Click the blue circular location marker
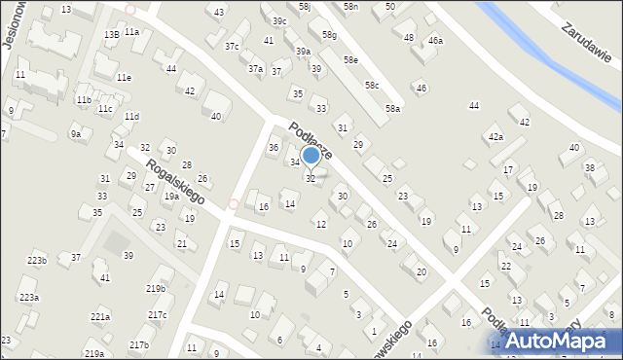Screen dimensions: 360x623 (x=311, y=155)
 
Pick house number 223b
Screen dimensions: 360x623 (x=37, y=261)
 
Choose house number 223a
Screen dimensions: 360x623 (x=29, y=297)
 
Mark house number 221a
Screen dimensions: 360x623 (x=100, y=316)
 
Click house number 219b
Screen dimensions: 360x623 (x=156, y=289)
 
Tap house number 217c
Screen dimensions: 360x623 (x=157, y=314)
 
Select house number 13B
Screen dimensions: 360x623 (x=112, y=34)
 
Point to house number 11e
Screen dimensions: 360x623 (x=124, y=77)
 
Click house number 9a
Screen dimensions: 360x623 (x=75, y=133)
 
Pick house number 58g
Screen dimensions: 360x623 (x=330, y=35)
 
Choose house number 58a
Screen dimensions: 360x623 (x=392, y=109)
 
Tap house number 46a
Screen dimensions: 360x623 (x=435, y=41)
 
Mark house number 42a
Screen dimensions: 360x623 (x=496, y=137)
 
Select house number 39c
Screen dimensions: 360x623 (x=279, y=20)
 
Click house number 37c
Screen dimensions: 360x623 (x=232, y=46)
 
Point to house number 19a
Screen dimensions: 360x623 (x=171, y=196)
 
